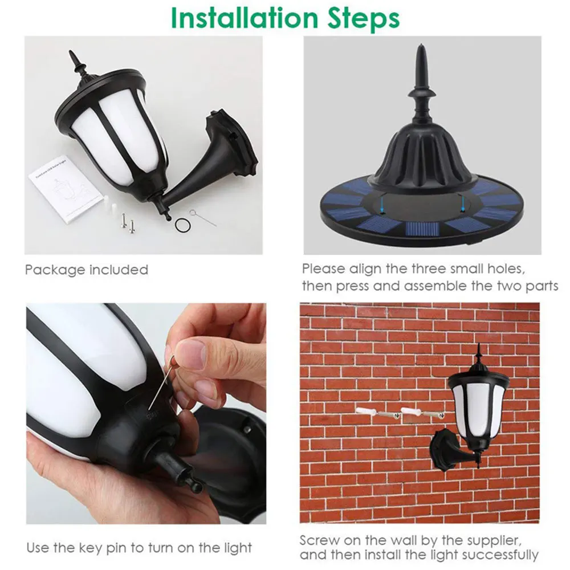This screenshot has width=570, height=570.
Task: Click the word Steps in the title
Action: click(x=364, y=19)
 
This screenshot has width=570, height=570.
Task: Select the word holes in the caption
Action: click(x=504, y=269)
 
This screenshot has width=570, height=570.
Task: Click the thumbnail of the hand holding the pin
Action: click(x=146, y=413)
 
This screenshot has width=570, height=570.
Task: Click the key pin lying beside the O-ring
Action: click(x=203, y=217)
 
